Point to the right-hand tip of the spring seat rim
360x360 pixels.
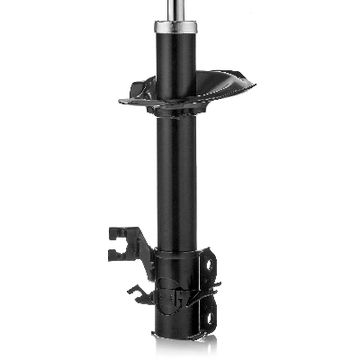pos(251,85)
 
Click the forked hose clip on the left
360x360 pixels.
pos(121,243)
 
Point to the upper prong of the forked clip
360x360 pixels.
pos(118,232)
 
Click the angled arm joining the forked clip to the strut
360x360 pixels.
pos(144,249)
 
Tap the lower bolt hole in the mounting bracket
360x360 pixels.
pos(210,310)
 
